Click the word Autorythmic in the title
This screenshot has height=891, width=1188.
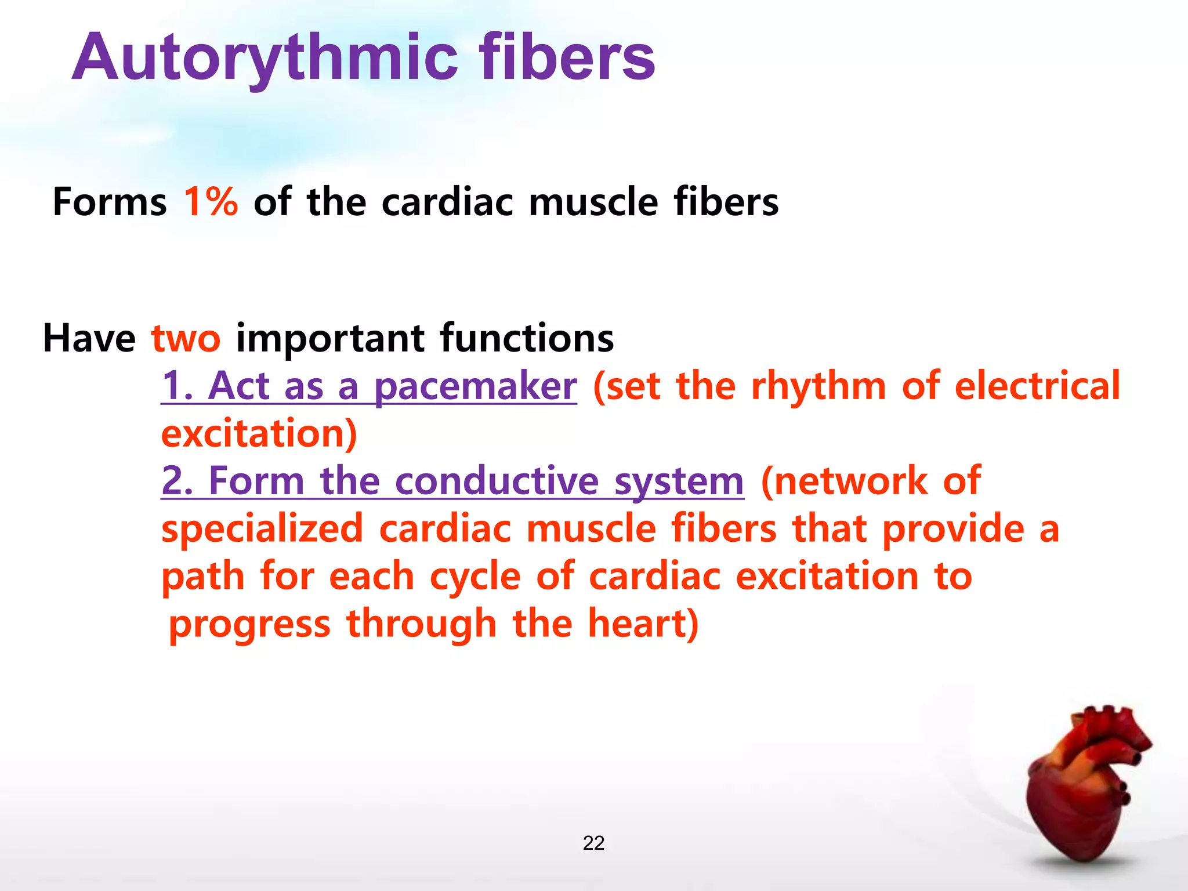(x=265, y=58)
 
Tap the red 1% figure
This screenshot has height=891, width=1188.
(x=211, y=202)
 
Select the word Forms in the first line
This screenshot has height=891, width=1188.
(x=110, y=202)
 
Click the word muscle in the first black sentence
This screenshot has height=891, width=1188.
(x=593, y=202)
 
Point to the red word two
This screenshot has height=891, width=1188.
(x=186, y=338)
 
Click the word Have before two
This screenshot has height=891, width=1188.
(x=89, y=338)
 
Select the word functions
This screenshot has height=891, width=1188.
(x=527, y=338)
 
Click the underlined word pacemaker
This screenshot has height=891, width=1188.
(x=475, y=387)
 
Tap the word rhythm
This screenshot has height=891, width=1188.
(x=818, y=387)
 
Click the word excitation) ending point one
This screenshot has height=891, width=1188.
(x=259, y=434)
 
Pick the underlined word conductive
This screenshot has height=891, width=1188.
(x=497, y=481)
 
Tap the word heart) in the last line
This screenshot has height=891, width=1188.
(x=643, y=624)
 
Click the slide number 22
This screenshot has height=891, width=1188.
(x=593, y=843)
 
